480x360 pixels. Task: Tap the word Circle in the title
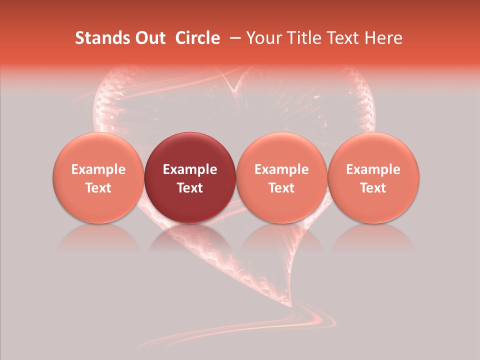coord(197,38)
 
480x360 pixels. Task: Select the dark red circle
coord(190,177)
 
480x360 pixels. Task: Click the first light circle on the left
coord(98,177)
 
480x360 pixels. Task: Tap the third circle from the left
coord(281,177)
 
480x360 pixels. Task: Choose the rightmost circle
coord(373,177)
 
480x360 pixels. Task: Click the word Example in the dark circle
coord(190,169)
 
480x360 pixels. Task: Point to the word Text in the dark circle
coord(190,188)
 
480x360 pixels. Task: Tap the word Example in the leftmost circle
coord(98,169)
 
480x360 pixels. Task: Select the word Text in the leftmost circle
coord(98,188)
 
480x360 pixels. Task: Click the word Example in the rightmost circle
coord(373,169)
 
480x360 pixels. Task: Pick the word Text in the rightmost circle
coord(373,188)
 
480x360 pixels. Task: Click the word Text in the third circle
coord(281,188)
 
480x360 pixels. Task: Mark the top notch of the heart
coord(233,90)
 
